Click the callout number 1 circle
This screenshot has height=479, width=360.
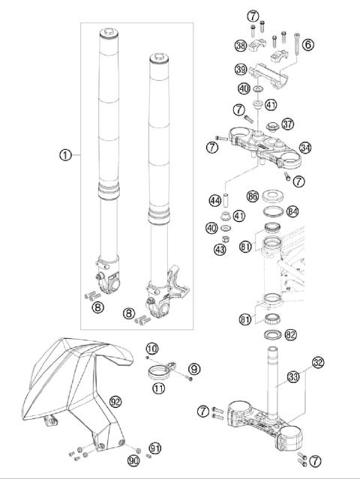coord(65,155)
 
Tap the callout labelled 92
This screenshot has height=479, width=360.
coord(115,402)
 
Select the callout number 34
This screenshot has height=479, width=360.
coord(305,148)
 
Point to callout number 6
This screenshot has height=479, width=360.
coord(307,44)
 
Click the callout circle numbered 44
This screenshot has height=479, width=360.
coord(215,201)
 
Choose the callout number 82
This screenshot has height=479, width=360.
coord(290,335)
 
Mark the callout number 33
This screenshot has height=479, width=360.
coord(293,377)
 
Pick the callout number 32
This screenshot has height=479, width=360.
coord(318,362)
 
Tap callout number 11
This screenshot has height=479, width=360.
coord(158,388)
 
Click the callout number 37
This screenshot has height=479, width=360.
coord(287,124)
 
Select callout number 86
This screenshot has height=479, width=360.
coord(253,196)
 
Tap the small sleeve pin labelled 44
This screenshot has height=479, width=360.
coord(227,200)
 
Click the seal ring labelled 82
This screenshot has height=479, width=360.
coord(272,334)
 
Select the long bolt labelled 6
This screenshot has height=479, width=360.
coord(296,44)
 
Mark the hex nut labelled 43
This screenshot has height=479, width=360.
coord(226,238)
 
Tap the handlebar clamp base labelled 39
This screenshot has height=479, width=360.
coord(268,75)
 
